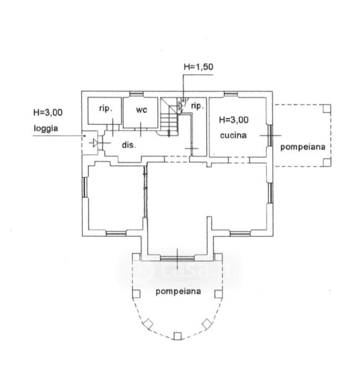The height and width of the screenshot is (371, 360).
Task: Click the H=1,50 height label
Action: click(199, 67)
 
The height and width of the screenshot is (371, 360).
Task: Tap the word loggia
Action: click(46, 129)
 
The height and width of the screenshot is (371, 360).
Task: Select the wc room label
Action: click(141, 110)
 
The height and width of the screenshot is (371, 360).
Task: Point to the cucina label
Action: click(233, 135)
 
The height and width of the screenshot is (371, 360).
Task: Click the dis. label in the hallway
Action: click(129, 145)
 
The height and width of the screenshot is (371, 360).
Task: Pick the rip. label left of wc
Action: click(105, 109)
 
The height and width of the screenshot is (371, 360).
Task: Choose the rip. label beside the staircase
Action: click(197, 106)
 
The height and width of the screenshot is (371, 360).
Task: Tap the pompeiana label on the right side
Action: click(302, 147)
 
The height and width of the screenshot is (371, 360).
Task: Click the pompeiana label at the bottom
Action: click(178, 291)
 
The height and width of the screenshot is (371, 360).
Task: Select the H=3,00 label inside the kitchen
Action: click(234, 120)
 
